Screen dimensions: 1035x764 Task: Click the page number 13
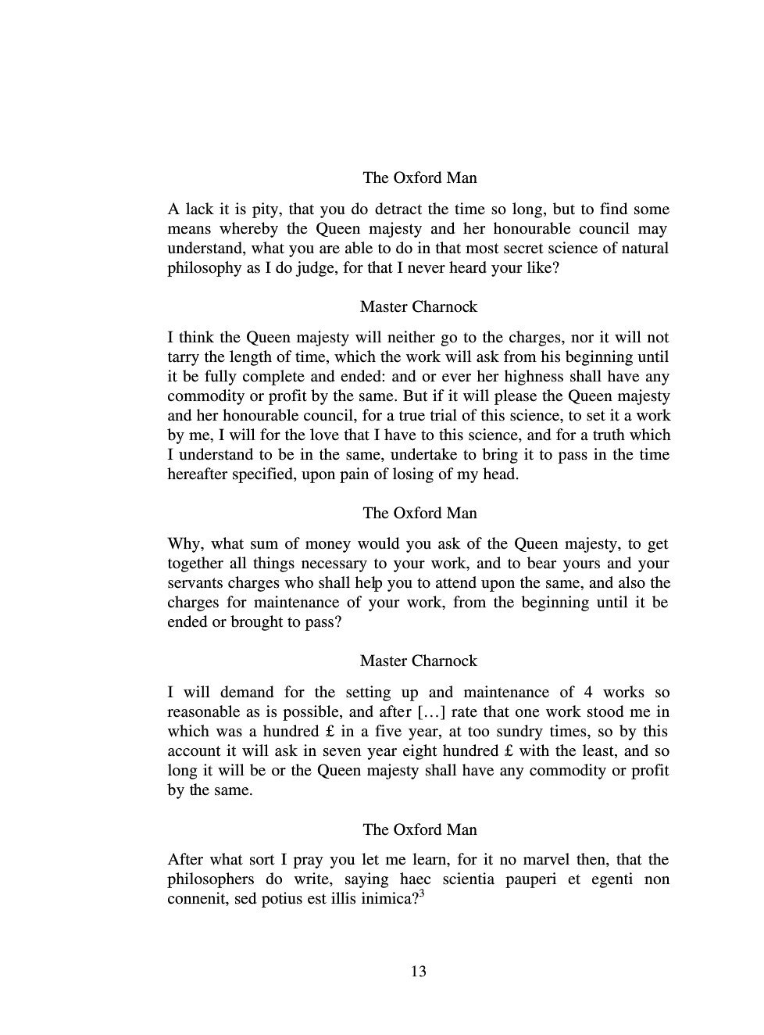(x=418, y=972)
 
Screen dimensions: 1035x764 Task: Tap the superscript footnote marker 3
(x=422, y=894)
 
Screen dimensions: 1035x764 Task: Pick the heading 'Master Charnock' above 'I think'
(x=418, y=306)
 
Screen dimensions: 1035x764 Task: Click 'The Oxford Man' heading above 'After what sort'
(x=419, y=829)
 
